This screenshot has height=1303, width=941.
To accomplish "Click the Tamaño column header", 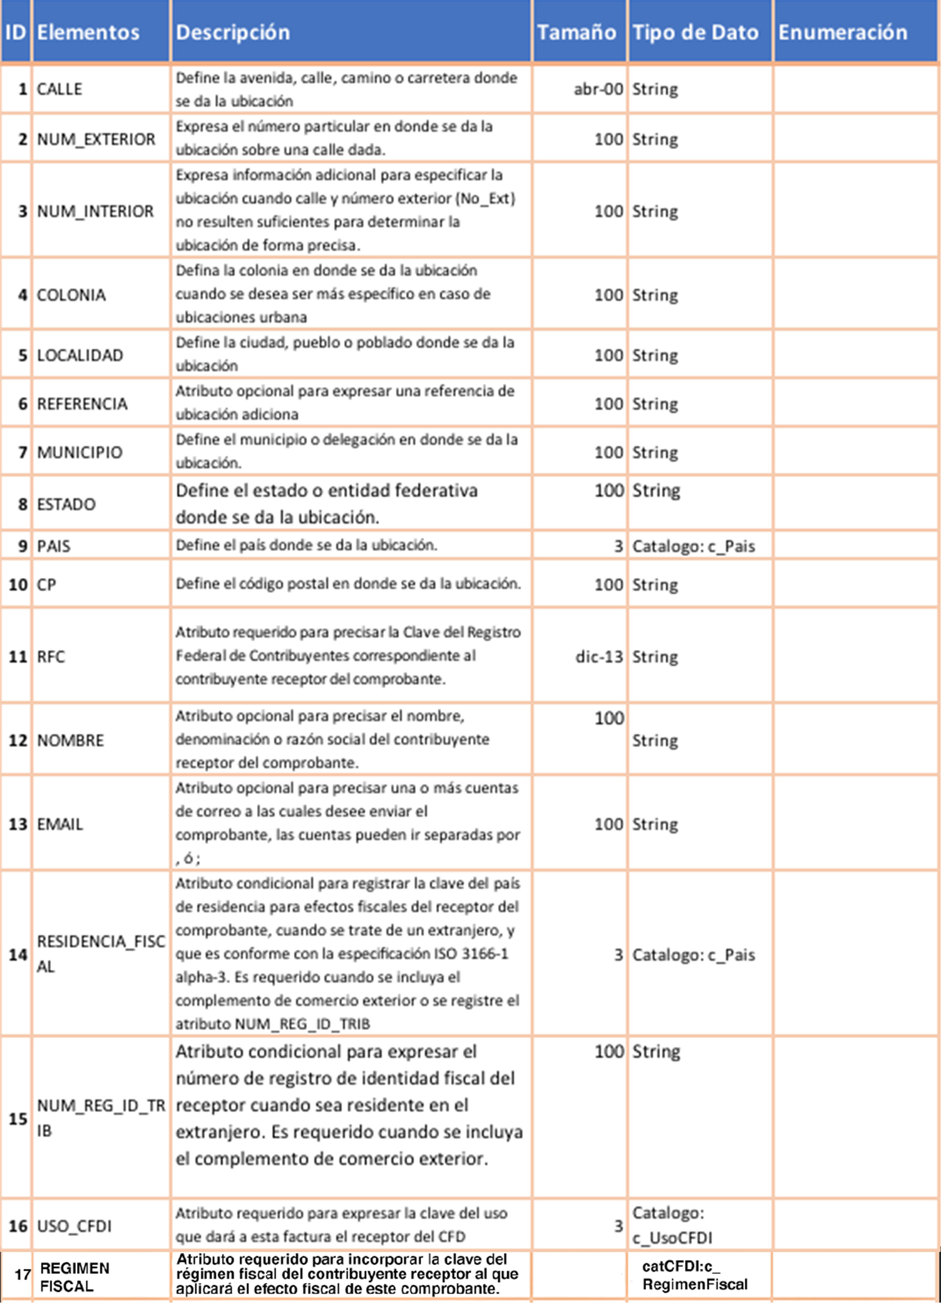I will pos(576,32).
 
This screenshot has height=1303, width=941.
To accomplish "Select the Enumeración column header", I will pos(842,32).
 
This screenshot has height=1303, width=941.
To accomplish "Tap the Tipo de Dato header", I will pos(695,32).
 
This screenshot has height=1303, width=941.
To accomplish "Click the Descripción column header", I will pos(233,32).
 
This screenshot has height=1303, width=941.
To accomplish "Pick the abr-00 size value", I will pos(598,89).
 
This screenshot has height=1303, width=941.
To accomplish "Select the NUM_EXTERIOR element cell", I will pos(96,139).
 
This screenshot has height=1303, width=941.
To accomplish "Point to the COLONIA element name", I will pos(71,295).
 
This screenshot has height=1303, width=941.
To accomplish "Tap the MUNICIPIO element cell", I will pos(80,452).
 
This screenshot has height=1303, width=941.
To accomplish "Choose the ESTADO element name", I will pos(66,504).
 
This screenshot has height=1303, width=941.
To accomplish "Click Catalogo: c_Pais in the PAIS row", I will pos(694,546).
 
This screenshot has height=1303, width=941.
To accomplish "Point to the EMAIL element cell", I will pos(60,824).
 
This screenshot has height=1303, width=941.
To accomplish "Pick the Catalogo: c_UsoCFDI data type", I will pos(672,1225).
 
